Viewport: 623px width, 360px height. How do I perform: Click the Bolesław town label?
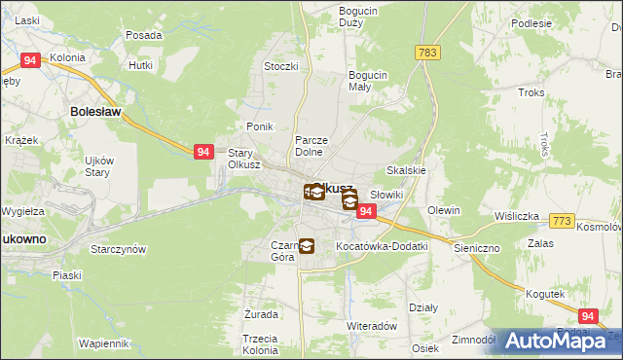coord(95,112)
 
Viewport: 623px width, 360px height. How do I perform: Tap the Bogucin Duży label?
coord(358,17)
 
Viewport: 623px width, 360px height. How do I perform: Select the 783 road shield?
coord(425,52)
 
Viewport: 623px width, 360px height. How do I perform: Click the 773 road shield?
coord(560,222)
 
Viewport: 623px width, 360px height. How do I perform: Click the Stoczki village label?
coord(279,66)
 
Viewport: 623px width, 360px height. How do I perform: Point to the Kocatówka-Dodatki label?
coord(382,247)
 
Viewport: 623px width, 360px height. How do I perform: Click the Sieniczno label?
coord(477,248)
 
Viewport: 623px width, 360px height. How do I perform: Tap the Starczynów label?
coord(118,249)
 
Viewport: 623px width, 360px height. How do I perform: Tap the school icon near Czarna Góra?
coord(307,246)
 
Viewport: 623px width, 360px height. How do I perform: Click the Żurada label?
coord(262,315)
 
